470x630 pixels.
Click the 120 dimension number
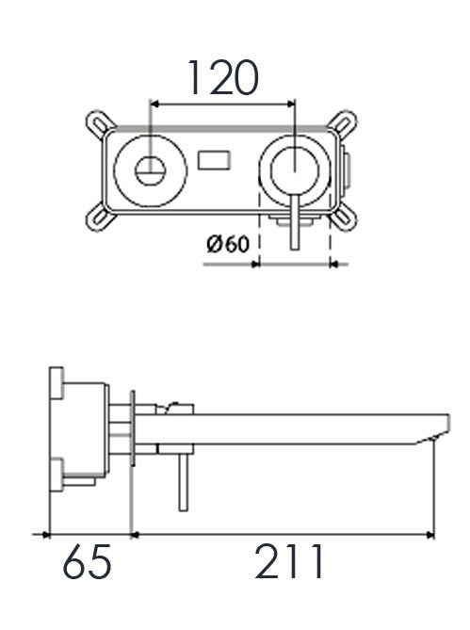pos(223,78)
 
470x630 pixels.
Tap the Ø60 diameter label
pos(228,244)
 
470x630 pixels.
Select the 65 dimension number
pos(87,561)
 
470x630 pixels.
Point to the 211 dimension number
pos(288,561)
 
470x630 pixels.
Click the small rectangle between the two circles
pos(214,159)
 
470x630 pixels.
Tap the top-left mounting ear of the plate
pos(99,123)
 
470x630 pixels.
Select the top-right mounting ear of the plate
pos(343,123)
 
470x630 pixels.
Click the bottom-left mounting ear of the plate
pos(99,218)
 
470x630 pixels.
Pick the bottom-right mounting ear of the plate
pos(343,218)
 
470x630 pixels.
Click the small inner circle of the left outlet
pos(151,170)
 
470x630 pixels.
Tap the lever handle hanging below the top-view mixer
pos(295,222)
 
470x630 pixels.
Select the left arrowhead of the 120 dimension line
pos(154,105)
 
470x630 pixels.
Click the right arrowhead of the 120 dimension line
pos(290,105)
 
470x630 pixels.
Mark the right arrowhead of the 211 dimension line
pos(429,535)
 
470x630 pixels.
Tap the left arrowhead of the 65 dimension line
pos(45,535)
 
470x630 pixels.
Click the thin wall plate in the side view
pos(133,428)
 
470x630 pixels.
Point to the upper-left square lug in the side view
pos(57,383)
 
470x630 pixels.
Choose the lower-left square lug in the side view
pos(57,475)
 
